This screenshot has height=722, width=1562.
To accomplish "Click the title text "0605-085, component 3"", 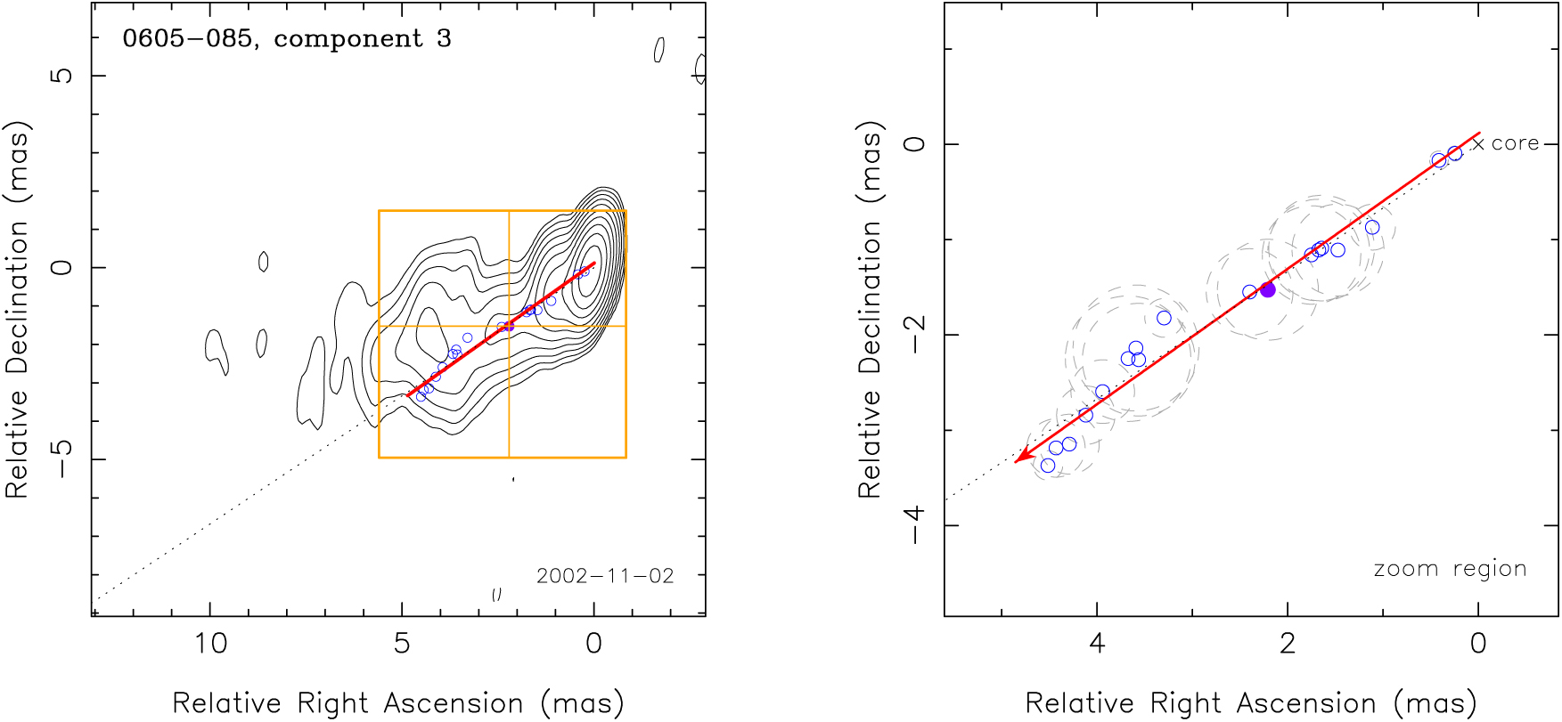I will tap(286, 39).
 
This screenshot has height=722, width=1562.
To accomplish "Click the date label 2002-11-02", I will tap(605, 576).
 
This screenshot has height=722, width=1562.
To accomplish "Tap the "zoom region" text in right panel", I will tap(1450, 569).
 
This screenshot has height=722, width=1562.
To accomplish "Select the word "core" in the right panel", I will tap(1515, 143).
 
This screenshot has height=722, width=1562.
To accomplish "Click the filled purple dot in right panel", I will tap(1267, 289).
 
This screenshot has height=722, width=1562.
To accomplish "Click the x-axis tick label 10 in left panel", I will tap(211, 644).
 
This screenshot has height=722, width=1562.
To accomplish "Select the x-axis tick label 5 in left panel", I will tap(402, 644).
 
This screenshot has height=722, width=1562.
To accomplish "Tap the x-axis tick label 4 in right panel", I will tap(1096, 644).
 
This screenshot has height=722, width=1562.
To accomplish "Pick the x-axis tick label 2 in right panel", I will tap(1288, 644).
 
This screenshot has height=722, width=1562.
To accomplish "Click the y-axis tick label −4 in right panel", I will tap(915, 525).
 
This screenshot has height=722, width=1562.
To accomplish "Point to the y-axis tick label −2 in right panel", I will tap(915, 335).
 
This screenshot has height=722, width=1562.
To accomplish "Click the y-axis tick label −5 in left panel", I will tap(61, 458).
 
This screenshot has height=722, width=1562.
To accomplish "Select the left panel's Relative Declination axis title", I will tap(18, 309).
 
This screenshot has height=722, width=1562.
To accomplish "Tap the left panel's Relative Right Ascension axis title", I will tap(397, 703).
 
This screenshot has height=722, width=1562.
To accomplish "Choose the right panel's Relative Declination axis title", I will tap(870, 309).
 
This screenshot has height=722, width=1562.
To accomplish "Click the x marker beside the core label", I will tap(1478, 143).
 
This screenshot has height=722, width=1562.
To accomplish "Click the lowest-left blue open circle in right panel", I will tap(1048, 466).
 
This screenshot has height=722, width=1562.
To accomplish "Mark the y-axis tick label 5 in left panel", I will tap(61, 76).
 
